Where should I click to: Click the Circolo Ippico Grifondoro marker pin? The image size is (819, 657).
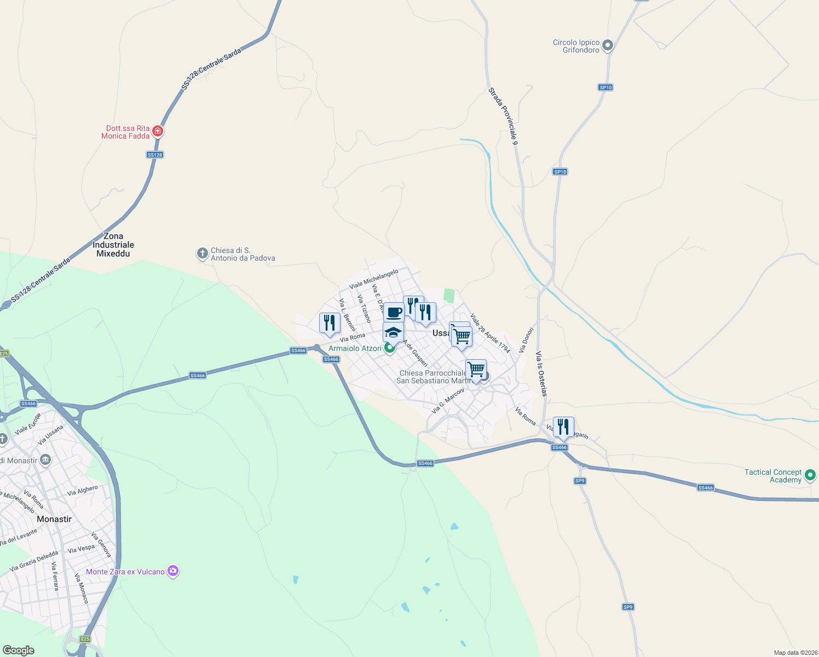[x=607, y=46]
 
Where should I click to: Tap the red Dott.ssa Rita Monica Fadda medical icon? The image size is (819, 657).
[x=158, y=131]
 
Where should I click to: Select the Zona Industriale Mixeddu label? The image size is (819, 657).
[x=113, y=245]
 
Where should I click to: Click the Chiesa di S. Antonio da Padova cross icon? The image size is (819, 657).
[x=202, y=253]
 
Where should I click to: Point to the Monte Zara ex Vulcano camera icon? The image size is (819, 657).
[x=173, y=572]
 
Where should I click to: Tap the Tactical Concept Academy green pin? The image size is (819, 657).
[x=811, y=475]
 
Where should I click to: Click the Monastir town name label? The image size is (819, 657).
[x=54, y=519]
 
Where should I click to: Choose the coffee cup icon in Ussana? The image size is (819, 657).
[x=394, y=313]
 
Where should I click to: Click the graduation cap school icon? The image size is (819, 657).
[x=393, y=332]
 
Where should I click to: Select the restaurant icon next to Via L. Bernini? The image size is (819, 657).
[x=330, y=322]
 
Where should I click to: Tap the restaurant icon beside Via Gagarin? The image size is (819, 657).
[x=563, y=427]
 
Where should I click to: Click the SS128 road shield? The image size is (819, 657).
[x=155, y=155]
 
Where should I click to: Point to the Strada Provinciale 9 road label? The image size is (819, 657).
[x=503, y=116]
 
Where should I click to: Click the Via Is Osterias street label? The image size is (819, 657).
[x=541, y=373]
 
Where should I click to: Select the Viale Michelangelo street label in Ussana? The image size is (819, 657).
[x=374, y=279]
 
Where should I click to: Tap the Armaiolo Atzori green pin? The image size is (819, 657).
[x=390, y=348]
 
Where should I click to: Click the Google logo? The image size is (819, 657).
[x=19, y=650]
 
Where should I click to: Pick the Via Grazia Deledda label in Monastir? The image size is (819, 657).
[x=33, y=561]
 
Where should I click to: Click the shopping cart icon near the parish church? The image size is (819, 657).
[x=476, y=369]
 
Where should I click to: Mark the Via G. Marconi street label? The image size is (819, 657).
[x=448, y=401]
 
